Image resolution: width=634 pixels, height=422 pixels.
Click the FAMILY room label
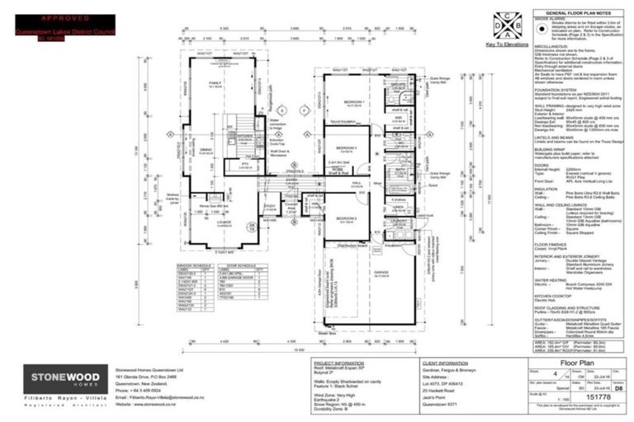point(216,83)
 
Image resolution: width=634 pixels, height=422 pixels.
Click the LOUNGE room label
point(225,223)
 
